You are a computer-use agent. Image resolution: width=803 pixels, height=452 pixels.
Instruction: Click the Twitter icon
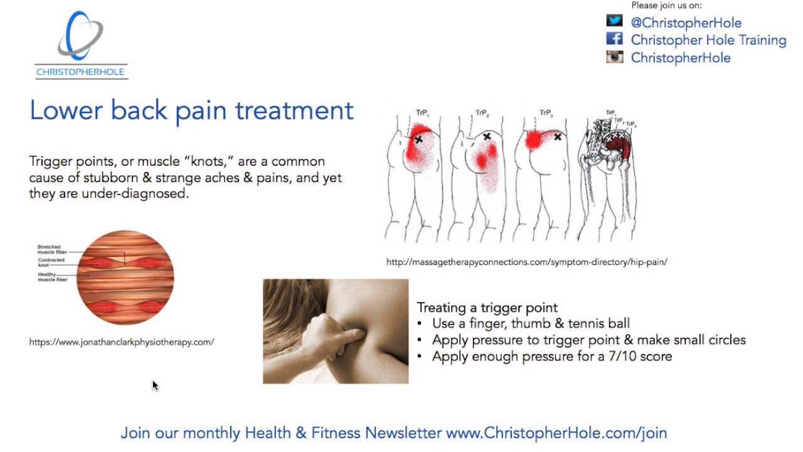[614, 21]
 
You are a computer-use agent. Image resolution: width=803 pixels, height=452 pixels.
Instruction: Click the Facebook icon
[614, 39]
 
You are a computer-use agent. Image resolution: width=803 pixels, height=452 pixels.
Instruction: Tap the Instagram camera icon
[614, 57]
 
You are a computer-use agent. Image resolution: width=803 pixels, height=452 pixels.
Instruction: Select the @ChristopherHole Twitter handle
[686, 23]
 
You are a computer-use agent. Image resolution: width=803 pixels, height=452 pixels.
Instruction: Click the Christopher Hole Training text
[708, 40]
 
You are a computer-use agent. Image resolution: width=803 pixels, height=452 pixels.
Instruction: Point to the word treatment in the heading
[294, 110]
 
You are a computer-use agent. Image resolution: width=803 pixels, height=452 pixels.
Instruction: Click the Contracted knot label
[51, 262]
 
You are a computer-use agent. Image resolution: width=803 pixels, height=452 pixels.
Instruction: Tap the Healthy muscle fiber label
[53, 277]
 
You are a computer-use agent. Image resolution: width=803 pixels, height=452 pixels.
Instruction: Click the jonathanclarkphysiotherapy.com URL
[122, 342]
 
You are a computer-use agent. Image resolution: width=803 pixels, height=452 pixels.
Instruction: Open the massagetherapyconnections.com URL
[526, 262]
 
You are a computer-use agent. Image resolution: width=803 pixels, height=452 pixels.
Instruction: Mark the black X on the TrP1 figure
[419, 139]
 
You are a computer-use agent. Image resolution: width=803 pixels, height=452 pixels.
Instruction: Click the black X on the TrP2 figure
[487, 136]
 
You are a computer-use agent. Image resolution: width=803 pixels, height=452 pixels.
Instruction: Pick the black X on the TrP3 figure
[558, 136]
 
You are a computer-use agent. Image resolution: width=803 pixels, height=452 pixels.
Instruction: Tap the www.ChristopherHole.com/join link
[556, 433]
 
